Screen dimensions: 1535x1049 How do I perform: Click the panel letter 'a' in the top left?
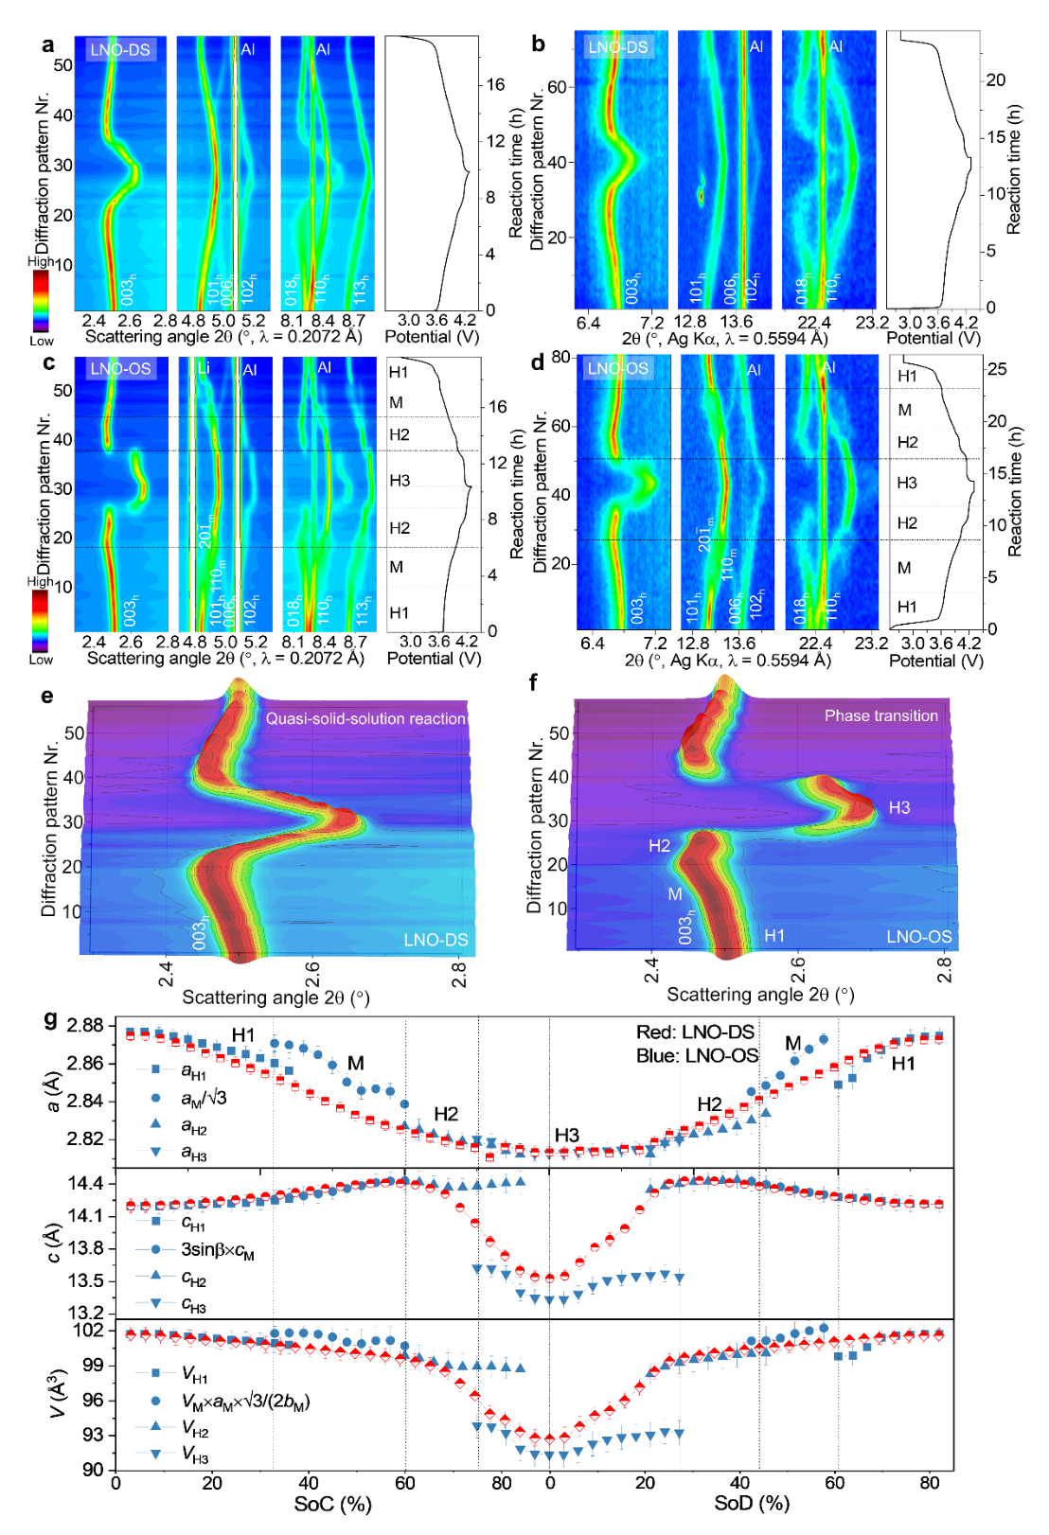point(48,44)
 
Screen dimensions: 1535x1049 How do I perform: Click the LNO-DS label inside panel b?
point(618,47)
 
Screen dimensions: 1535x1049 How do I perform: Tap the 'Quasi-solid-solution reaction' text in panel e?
point(365,718)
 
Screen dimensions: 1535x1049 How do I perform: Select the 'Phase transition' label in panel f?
point(880,715)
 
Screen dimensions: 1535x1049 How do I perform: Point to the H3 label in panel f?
point(898,807)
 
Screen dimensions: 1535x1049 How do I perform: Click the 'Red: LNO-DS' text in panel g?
point(695,1032)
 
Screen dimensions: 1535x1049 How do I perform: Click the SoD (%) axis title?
point(752,1503)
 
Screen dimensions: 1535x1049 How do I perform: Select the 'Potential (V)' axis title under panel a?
point(432,336)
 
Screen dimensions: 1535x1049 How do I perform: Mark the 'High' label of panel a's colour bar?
point(41,261)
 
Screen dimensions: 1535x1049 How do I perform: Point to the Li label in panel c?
point(204,367)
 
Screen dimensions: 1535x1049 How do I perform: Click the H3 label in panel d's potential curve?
point(907,483)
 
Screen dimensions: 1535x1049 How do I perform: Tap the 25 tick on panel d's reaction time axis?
point(997,369)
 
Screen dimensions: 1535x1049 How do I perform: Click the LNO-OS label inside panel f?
point(918,936)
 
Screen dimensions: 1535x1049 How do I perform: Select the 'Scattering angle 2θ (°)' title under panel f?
point(760,994)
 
